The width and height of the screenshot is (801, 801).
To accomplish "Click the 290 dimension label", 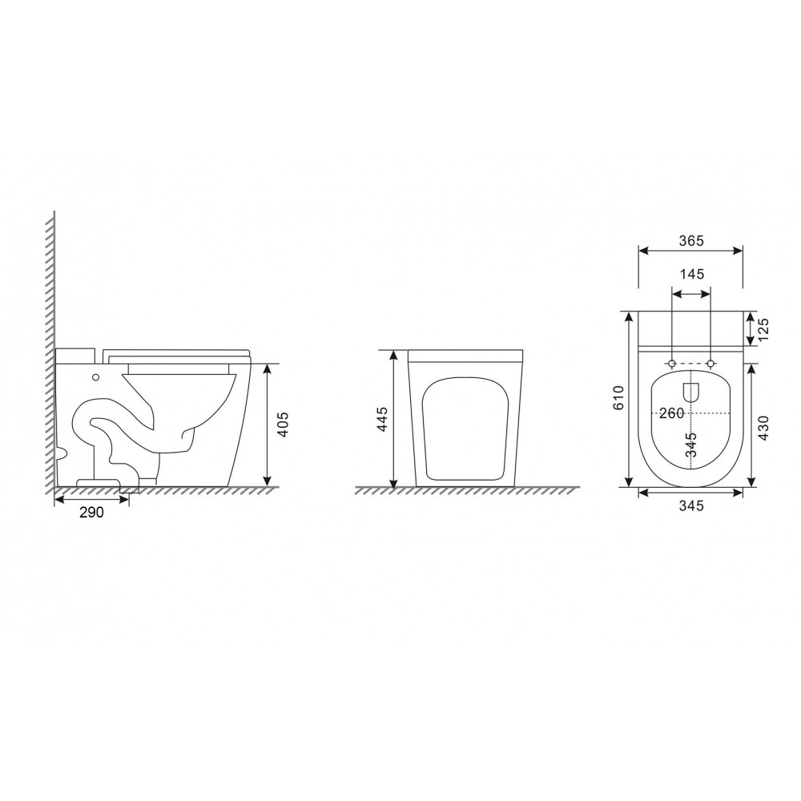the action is click(91, 512).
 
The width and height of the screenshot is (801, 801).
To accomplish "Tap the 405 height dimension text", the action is click(283, 424).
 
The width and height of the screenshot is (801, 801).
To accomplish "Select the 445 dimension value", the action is click(382, 420).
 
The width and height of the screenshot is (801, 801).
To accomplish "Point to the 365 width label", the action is click(692, 240).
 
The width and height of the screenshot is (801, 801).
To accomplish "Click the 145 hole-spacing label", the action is click(692, 274).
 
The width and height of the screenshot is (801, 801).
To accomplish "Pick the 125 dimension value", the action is click(763, 329).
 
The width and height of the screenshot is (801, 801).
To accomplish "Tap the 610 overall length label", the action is click(618, 397).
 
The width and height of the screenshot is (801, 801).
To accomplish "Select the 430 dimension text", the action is click(763, 428).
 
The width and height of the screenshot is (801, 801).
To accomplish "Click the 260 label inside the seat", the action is click(671, 413).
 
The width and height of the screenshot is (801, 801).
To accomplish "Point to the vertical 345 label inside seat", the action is click(691, 445).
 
